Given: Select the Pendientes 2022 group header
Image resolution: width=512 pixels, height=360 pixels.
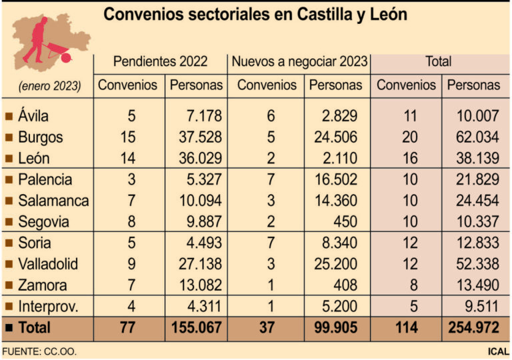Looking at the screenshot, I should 160,62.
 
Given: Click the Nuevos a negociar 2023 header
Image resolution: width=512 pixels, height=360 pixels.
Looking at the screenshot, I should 299,62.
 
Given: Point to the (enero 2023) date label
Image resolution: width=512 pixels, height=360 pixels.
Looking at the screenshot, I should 49,86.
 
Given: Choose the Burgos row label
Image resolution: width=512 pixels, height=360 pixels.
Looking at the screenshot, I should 41,137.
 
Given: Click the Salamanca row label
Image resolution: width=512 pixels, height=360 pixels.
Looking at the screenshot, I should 54,200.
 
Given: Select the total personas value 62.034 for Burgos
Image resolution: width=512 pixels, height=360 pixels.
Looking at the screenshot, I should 477,137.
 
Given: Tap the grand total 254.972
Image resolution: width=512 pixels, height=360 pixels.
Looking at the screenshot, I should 473,328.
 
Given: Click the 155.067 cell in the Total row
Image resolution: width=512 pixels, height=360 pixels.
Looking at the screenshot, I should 196,328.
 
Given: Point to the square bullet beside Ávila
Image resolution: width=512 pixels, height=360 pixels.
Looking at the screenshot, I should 9,117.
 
